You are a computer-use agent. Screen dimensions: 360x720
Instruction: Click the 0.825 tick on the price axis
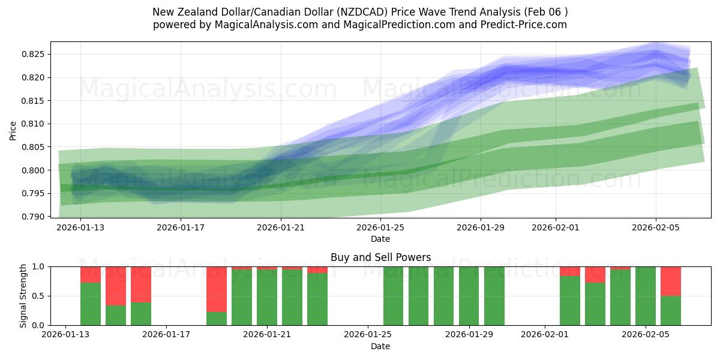pyautogui.click(x=34, y=55)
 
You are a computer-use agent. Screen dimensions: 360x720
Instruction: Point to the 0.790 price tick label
pyautogui.click(x=34, y=217)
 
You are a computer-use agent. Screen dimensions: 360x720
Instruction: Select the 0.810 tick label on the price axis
pyautogui.click(x=34, y=124)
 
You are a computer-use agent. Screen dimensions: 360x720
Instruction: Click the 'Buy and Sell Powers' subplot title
pyautogui.click(x=380, y=258)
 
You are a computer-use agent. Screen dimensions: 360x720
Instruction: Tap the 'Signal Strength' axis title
pyautogui.click(x=24, y=296)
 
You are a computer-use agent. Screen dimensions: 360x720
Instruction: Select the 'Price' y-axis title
pyautogui.click(x=13, y=130)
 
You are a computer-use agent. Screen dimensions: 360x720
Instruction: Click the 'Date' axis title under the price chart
pyautogui.click(x=380, y=239)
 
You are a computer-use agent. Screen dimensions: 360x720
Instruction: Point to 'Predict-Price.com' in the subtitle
pyautogui.click(x=521, y=25)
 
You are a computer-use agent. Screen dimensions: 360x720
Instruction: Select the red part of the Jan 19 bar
pyautogui.click(x=217, y=289)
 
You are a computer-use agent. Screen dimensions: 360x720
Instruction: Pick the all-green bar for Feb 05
pyautogui.click(x=646, y=296)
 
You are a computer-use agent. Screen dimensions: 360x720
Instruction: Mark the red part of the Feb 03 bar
pyautogui.click(x=595, y=275)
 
